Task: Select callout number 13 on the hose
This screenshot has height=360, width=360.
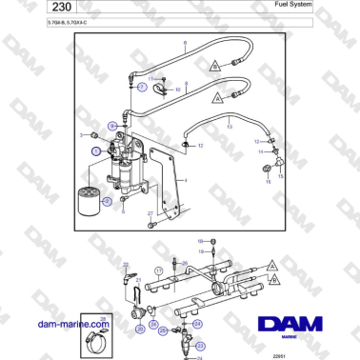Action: click(x=228, y=125)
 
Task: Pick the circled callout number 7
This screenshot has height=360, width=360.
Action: click(x=141, y=86)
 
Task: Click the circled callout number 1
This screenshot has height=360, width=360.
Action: click(x=95, y=150)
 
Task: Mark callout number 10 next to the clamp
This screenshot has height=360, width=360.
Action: click(x=179, y=89)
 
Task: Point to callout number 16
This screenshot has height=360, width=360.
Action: click(x=268, y=180)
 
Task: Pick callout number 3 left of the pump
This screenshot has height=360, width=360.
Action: click(x=81, y=135)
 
